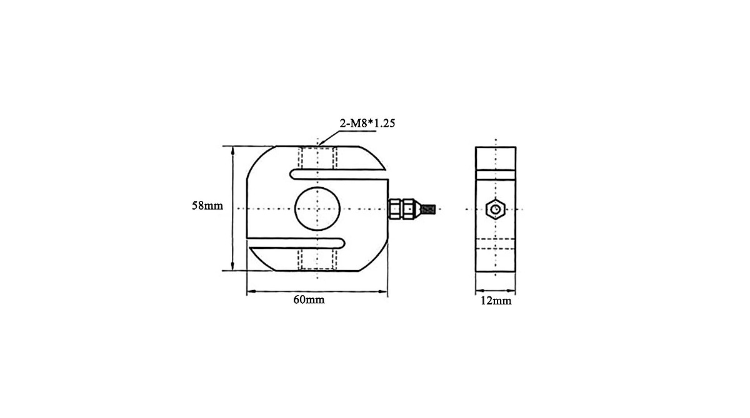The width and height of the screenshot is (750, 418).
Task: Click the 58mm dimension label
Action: click(x=207, y=205)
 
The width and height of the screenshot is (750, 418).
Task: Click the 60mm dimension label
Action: click(x=309, y=300)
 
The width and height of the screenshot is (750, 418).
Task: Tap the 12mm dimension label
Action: click(x=496, y=301)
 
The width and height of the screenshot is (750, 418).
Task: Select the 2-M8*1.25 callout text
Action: click(x=367, y=124)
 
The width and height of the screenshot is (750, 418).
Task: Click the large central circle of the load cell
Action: click(x=317, y=208)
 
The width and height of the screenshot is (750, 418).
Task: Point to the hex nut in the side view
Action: click(x=496, y=208)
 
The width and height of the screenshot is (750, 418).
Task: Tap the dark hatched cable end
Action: click(x=428, y=209)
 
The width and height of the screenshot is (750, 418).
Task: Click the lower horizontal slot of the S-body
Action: click(x=297, y=243)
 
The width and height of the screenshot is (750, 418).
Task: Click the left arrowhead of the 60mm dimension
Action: click(x=251, y=291)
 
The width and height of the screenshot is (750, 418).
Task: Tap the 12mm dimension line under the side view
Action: click(x=496, y=291)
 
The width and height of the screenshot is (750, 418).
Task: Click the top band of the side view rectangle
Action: click(x=496, y=158)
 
